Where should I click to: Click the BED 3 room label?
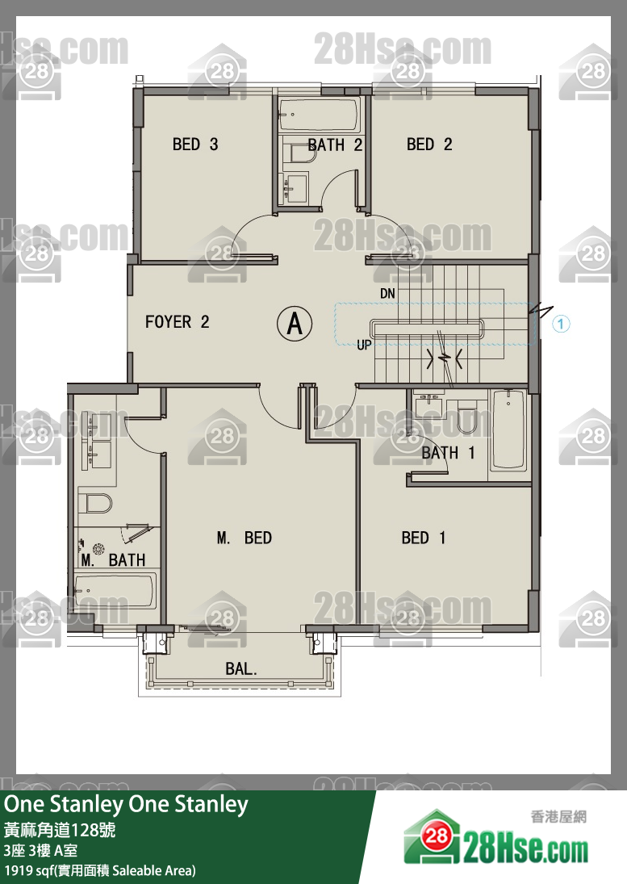(195, 145)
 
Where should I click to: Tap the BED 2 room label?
(429, 145)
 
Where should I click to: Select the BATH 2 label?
(335, 145)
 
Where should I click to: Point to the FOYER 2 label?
(177, 322)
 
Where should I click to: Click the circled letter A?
(295, 323)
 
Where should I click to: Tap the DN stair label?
(387, 293)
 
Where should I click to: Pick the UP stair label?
(365, 345)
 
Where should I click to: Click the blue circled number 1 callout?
(561, 324)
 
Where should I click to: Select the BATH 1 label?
(449, 453)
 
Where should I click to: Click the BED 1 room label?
(424, 538)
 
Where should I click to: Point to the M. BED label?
(245, 538)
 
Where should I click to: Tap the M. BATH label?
(113, 559)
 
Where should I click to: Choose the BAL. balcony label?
(241, 668)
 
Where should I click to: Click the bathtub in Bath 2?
(320, 115)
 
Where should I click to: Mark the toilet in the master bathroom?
(94, 503)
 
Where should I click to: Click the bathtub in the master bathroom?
(115, 591)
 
